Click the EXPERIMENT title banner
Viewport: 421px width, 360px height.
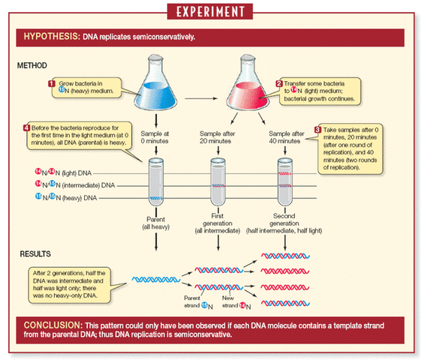(210, 13)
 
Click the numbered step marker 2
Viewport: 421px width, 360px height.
(279, 83)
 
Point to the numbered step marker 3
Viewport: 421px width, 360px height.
(317, 130)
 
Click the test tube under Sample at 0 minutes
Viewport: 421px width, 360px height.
(157, 184)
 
